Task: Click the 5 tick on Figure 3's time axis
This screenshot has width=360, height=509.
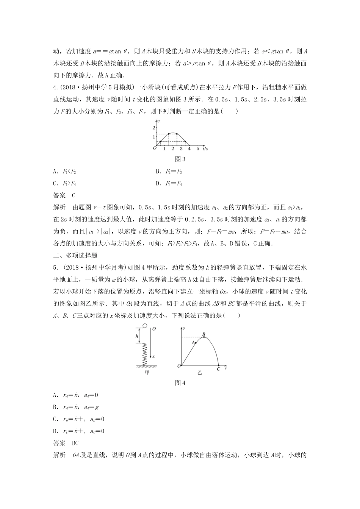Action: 197,149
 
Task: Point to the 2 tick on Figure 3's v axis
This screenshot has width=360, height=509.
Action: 154,127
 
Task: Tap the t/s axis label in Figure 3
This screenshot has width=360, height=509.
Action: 205,149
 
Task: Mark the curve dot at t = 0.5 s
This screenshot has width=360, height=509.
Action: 160,141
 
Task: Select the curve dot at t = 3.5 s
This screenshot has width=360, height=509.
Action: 185,141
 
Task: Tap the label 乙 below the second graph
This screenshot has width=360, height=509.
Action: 200,373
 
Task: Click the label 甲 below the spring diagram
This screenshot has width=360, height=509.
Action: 147,373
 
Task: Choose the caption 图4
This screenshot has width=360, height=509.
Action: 180,383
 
